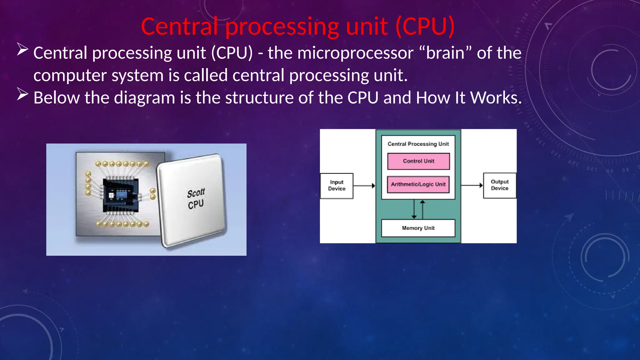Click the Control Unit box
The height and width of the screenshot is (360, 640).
pyautogui.click(x=418, y=161)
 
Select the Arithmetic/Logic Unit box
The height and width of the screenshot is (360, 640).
pyautogui.click(x=418, y=184)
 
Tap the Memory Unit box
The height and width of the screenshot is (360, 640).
pyautogui.click(x=418, y=228)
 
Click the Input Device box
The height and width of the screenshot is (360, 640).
pyautogui.click(x=337, y=186)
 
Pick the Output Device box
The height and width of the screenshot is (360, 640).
pyautogui.click(x=499, y=185)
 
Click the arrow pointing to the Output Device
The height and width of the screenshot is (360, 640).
pyautogui.click(x=472, y=185)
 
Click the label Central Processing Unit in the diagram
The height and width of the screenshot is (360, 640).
pyautogui.click(x=418, y=144)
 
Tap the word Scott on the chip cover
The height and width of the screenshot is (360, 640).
pyautogui.click(x=196, y=193)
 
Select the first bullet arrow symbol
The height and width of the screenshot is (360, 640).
pyautogui.click(x=22, y=49)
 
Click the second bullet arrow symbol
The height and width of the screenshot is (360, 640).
pyautogui.click(x=22, y=94)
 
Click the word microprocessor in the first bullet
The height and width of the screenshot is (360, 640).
pyautogui.click(x=355, y=53)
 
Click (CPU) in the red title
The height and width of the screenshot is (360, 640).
pyautogui.click(x=425, y=27)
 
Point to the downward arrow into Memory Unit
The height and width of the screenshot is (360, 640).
pyautogui.click(x=414, y=209)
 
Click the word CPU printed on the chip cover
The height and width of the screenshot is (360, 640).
pyautogui.click(x=196, y=204)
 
